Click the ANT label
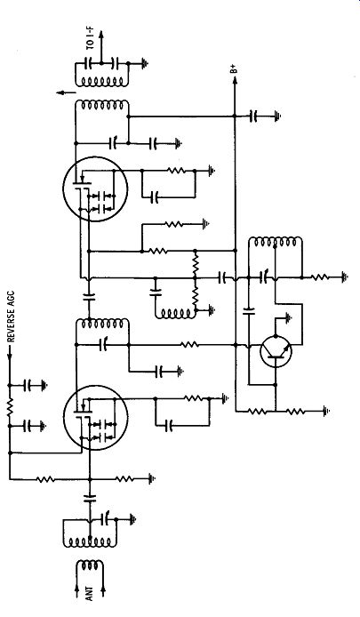90,593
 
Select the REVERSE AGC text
12,317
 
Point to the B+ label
235,69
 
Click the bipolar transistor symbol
276,352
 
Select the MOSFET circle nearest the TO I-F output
95,188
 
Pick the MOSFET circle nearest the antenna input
96,418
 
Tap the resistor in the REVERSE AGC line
10,405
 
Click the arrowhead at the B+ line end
235,80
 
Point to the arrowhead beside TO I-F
101,34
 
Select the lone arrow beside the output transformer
66,92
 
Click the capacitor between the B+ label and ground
254,116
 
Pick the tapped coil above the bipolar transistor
276,242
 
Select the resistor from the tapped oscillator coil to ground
320,277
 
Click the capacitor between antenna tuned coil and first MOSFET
90,498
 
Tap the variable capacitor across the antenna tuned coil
107,519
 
